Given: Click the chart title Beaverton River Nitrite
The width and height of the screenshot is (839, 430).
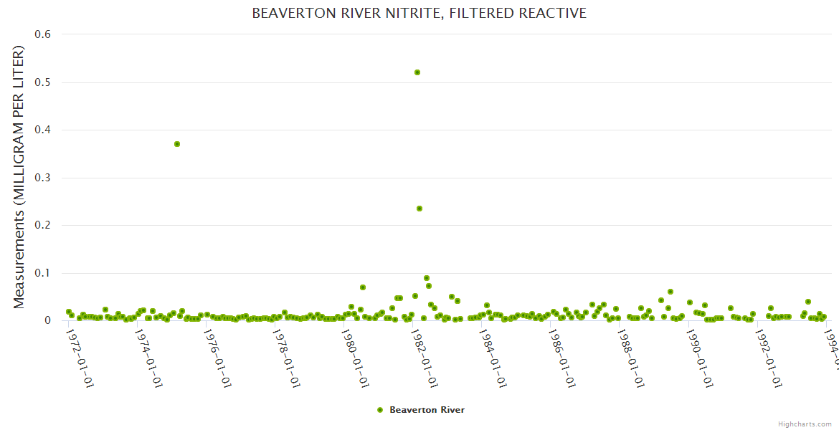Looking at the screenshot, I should coord(419,14).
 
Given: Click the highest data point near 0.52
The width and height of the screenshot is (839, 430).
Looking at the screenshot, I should coord(417,72).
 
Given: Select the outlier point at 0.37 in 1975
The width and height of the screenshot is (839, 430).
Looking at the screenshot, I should coord(177,144).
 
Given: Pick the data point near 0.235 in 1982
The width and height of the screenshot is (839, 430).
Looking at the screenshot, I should coord(419,209).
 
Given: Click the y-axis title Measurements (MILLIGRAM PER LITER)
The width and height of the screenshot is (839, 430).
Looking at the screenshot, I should coord(19,177).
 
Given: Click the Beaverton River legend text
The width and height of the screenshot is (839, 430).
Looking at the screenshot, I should coord(427,410).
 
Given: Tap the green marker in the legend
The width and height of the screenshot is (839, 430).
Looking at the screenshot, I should coord(380,410).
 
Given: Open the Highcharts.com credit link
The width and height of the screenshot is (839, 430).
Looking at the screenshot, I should coord(805,424).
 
